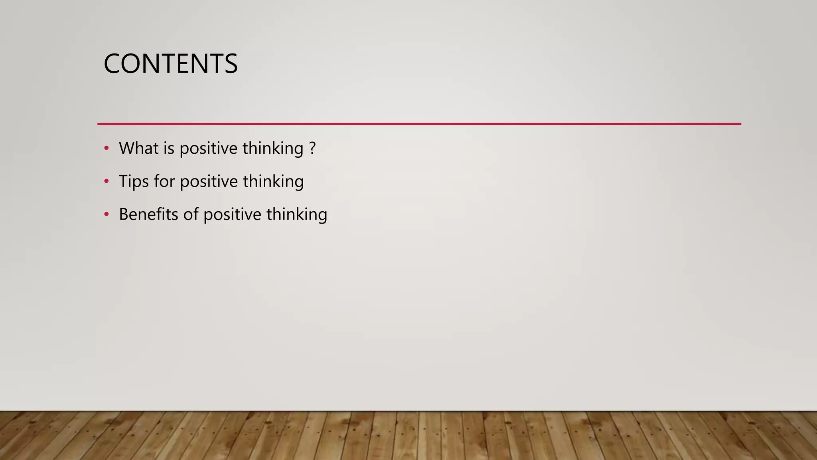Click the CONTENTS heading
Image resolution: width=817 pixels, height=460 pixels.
pyautogui.click(x=170, y=64)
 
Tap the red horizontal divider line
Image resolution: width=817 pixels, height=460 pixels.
pyautogui.click(x=419, y=124)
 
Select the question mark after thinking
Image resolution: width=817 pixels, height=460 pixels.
pyautogui.click(x=312, y=148)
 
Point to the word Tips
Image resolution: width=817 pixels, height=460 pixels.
pyautogui.click(x=134, y=181)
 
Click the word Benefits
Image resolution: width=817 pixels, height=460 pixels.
pyautogui.click(x=148, y=214)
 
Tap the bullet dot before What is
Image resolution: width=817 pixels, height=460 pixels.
pyautogui.click(x=106, y=149)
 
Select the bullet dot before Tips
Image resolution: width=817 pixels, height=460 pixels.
pyautogui.click(x=106, y=182)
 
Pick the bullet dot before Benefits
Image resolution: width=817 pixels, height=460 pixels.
pyautogui.click(x=106, y=215)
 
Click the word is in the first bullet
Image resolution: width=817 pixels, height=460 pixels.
pyautogui.click(x=169, y=148)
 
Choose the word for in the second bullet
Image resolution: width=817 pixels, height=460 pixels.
pyautogui.click(x=164, y=181)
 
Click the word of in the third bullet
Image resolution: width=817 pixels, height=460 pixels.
pyautogui.click(x=191, y=214)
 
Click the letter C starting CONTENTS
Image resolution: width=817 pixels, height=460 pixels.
pyautogui.click(x=112, y=64)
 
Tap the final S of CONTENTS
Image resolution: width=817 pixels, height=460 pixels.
pyautogui.click(x=231, y=64)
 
